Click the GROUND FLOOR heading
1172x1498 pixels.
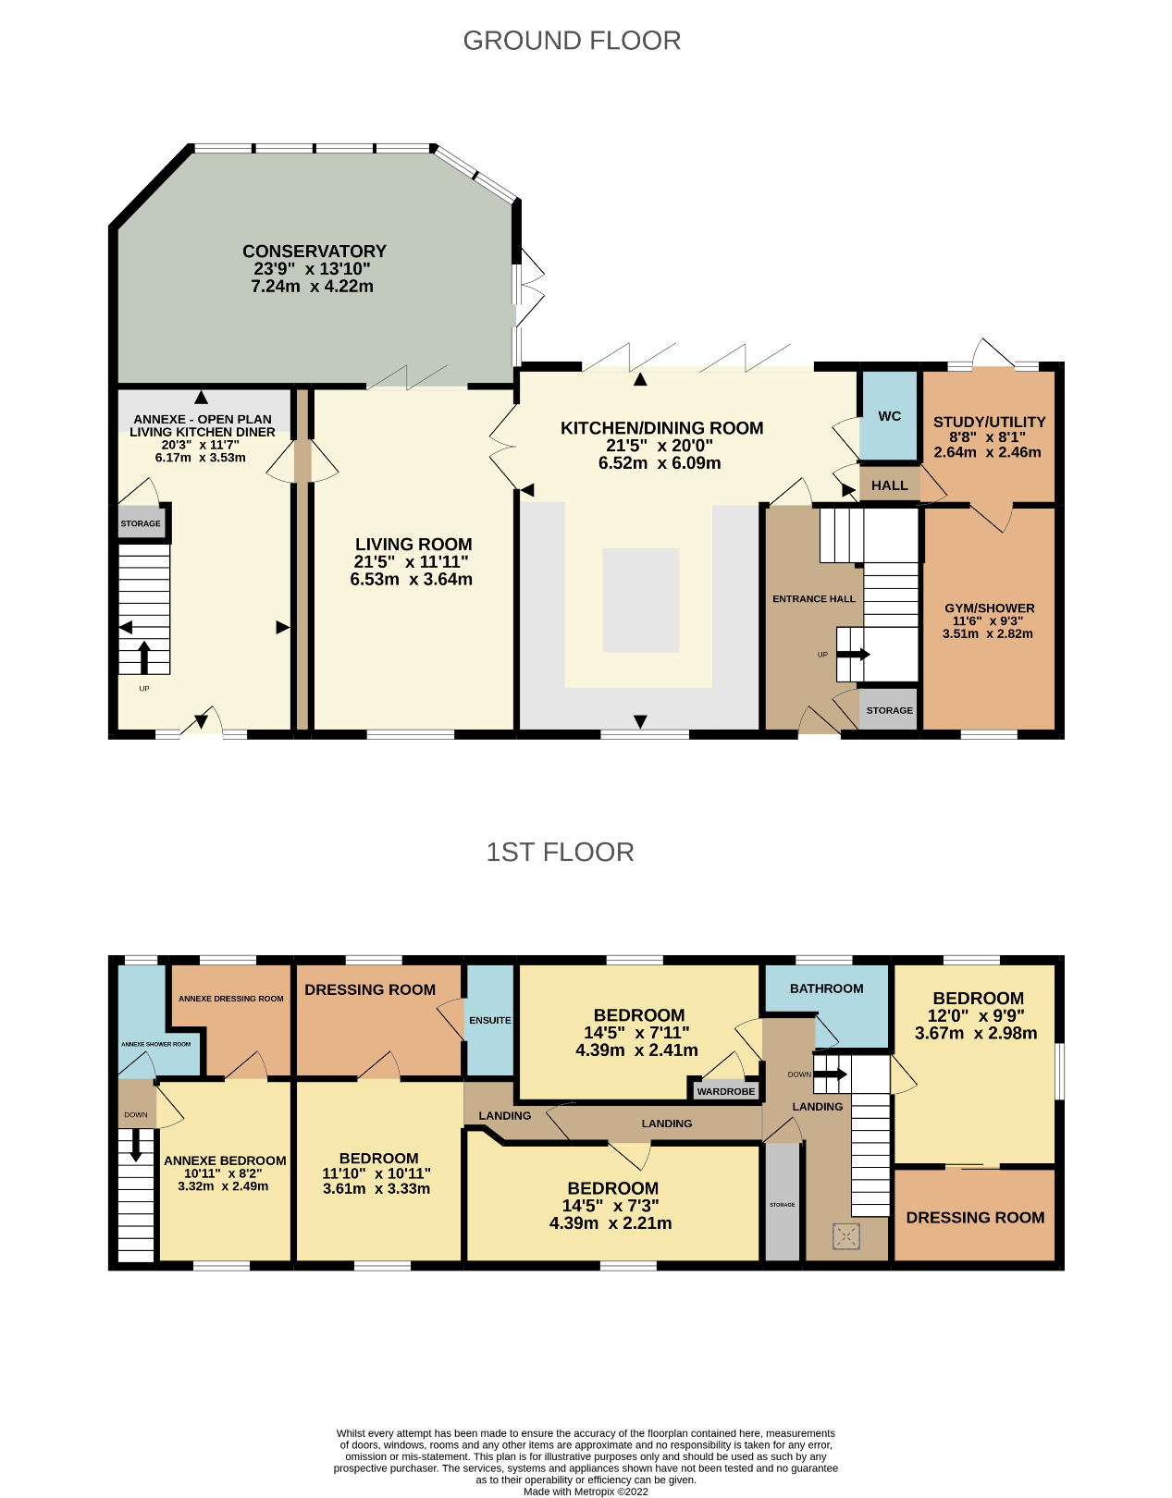point(572,41)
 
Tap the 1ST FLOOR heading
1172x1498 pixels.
point(560,852)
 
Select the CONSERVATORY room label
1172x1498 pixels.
point(314,252)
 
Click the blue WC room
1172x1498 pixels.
point(889,415)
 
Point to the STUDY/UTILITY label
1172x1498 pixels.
point(989,422)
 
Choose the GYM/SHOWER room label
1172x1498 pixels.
point(989,608)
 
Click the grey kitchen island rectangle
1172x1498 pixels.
point(641,600)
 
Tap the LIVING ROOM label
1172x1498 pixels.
point(413,545)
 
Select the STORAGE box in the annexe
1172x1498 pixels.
point(141,523)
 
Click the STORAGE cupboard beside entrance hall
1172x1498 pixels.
point(889,710)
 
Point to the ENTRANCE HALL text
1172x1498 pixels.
point(814,599)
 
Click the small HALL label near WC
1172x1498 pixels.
point(889,485)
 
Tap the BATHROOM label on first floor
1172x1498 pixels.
point(826,988)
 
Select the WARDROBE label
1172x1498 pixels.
point(726,1091)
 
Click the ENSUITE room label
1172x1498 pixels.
point(489,1020)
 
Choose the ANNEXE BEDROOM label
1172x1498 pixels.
point(225,1160)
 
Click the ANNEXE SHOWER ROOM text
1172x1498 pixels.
point(155,1044)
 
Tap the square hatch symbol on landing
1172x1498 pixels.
point(845,1235)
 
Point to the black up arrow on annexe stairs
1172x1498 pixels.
point(143,657)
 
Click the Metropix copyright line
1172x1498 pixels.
point(586,1491)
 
